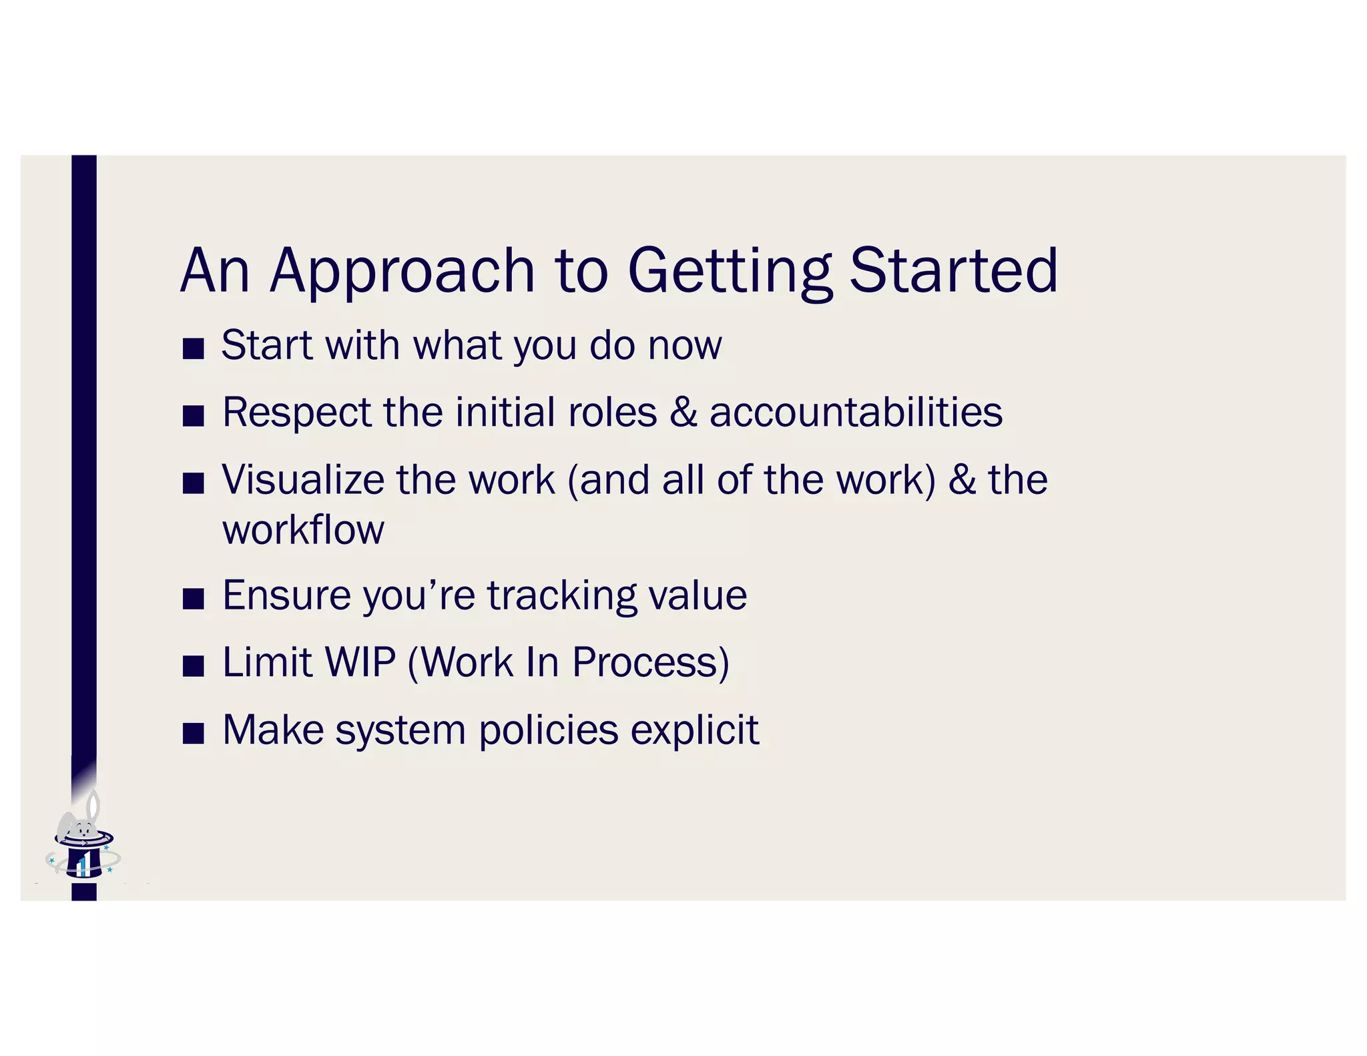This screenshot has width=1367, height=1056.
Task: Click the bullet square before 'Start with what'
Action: [193, 348]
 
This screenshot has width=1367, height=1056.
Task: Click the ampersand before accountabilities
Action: [683, 412]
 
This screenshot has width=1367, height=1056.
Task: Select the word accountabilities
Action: [856, 412]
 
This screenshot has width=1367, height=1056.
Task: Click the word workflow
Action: [303, 530]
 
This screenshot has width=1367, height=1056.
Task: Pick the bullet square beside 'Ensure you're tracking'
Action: [193, 599]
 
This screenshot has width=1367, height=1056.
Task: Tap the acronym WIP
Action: [360, 662]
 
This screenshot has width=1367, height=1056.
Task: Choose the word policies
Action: [549, 730]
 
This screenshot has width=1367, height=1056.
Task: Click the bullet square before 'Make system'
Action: [193, 733]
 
